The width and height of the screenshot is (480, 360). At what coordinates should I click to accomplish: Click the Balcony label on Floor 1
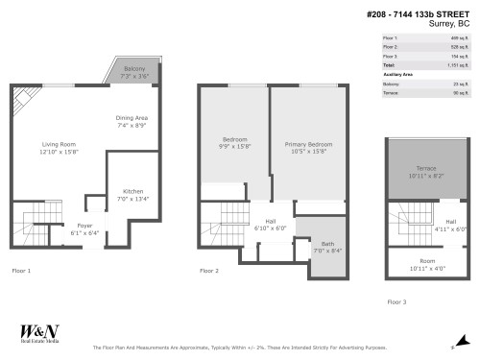134,72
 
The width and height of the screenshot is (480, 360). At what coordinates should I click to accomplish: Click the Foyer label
84,228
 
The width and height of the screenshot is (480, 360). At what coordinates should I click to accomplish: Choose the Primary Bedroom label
307,147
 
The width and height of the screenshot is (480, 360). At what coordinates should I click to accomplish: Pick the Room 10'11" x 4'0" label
427,264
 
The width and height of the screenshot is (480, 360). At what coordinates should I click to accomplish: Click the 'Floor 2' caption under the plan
209,272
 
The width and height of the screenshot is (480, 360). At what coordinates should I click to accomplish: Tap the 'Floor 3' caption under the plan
396,300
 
